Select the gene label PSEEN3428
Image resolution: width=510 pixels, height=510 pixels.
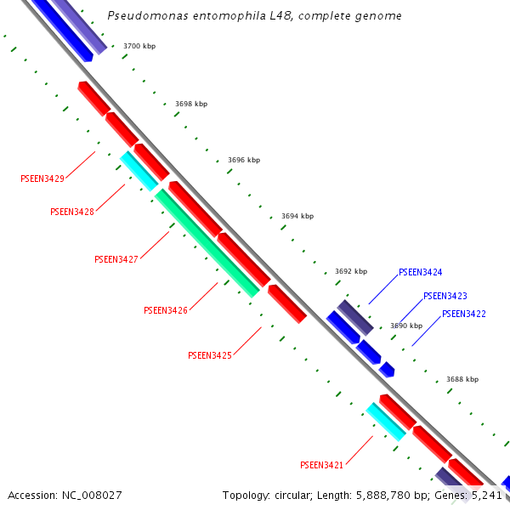pyautogui.click(x=72, y=212)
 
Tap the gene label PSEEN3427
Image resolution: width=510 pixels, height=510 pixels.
pyautogui.click(x=116, y=259)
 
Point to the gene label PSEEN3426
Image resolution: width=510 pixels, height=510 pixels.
pyautogui.click(x=166, y=310)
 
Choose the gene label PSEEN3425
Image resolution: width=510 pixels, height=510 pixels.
pyautogui.click(x=210, y=355)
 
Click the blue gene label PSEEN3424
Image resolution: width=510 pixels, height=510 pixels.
pyautogui.click(x=420, y=273)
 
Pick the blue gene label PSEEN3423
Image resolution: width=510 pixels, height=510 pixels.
pyautogui.click(x=445, y=296)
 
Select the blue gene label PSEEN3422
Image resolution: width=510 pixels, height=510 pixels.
pyautogui.click(x=464, y=314)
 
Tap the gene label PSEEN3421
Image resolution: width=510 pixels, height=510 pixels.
pyautogui.click(x=321, y=465)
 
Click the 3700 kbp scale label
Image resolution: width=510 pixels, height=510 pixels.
pyautogui.click(x=139, y=46)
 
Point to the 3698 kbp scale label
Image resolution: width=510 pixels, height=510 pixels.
pyautogui.click(x=191, y=104)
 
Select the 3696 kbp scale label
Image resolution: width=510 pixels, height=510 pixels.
pyautogui.click(x=244, y=160)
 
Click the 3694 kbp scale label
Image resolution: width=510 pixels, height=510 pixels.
pyautogui.click(x=297, y=216)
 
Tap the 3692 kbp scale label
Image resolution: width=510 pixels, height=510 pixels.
pyautogui.click(x=351, y=271)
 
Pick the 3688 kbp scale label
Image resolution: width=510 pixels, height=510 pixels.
pyautogui.click(x=462, y=379)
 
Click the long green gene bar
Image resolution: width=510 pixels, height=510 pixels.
pyautogui.click(x=207, y=243)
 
